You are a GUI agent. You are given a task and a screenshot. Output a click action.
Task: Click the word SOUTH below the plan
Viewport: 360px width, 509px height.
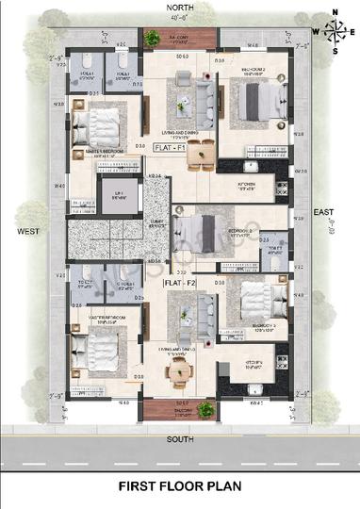[180, 439]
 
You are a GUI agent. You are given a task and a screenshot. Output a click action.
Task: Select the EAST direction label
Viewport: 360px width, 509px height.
[325, 214]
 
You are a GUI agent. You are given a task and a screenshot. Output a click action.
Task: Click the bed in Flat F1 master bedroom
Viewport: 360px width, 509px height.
[99, 124]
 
